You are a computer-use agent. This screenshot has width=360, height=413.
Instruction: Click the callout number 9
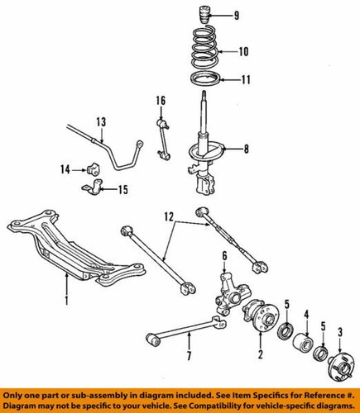237,16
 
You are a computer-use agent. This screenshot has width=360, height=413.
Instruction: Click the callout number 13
100,121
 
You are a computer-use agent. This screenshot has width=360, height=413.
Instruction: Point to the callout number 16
161,101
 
